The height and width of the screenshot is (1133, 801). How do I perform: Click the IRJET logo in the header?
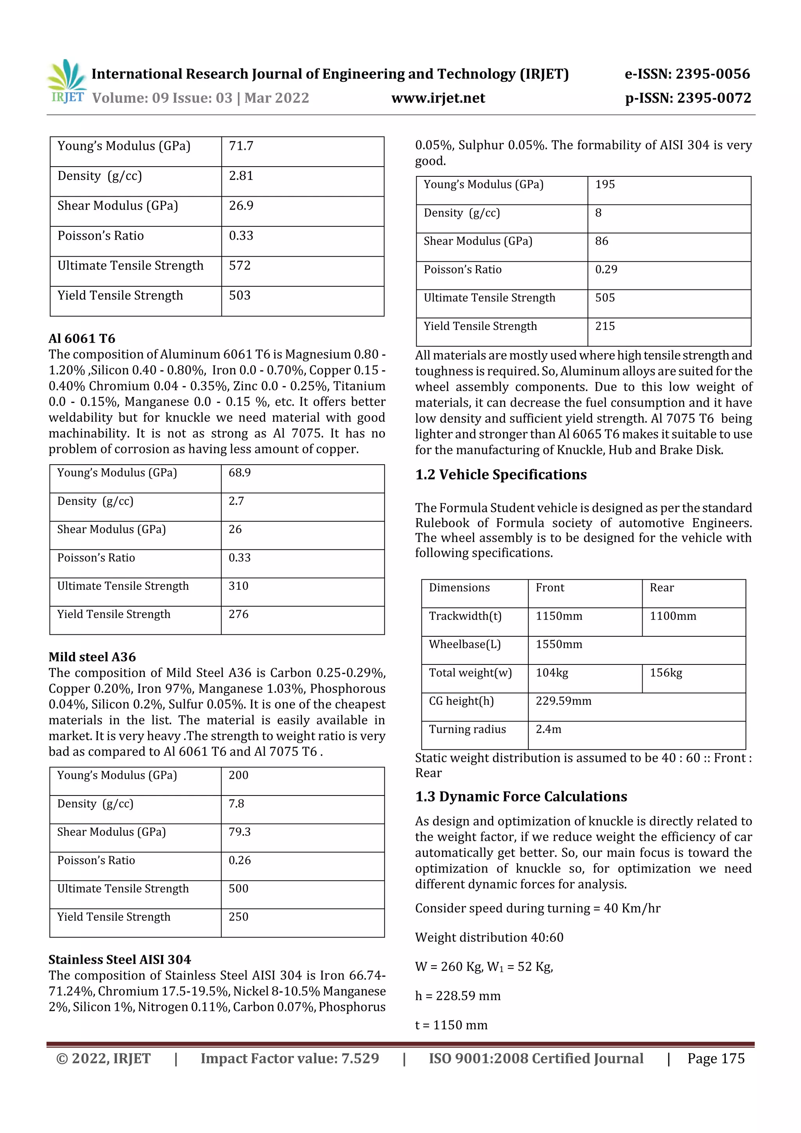[66, 81]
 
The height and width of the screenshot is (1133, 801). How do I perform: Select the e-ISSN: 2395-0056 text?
[687, 74]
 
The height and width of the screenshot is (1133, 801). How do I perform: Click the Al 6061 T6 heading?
[82, 339]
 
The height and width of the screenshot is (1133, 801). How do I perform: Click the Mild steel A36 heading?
[92, 657]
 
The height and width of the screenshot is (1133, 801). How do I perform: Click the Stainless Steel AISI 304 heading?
[119, 959]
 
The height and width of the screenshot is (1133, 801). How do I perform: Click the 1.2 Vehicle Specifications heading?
[501, 475]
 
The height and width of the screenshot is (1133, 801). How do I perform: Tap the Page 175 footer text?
[716, 1058]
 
